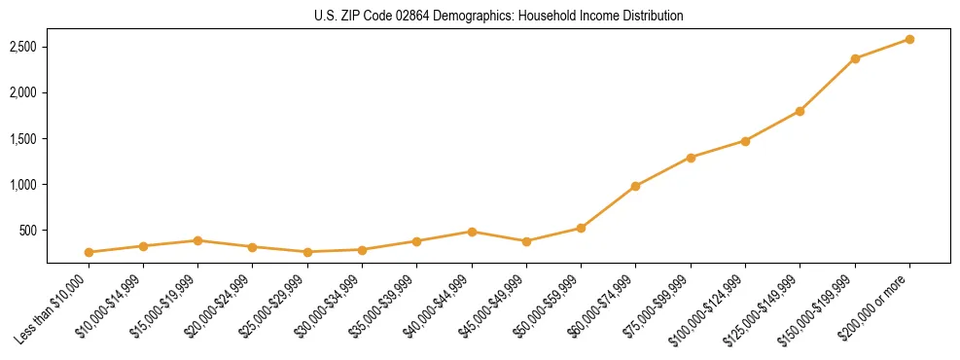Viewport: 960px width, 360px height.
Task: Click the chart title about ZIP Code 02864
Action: [x=498, y=17]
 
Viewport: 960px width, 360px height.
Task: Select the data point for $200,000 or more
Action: [x=909, y=39]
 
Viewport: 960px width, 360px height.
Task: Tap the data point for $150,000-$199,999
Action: [x=855, y=58]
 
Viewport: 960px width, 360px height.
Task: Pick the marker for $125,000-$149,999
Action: [x=800, y=111]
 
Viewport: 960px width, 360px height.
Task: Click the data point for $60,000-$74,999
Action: [x=635, y=186]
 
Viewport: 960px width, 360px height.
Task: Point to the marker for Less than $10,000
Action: [x=89, y=252]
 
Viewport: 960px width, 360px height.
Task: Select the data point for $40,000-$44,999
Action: [x=472, y=232]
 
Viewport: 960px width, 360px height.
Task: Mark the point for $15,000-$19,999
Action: [x=197, y=240]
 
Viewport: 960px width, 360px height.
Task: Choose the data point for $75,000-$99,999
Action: [x=691, y=158]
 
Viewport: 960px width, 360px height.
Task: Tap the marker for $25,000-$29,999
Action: [x=307, y=252]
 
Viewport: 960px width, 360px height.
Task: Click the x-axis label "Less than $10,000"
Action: [x=56, y=309]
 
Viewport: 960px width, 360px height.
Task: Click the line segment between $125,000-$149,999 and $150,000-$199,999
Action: [x=828, y=85]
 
